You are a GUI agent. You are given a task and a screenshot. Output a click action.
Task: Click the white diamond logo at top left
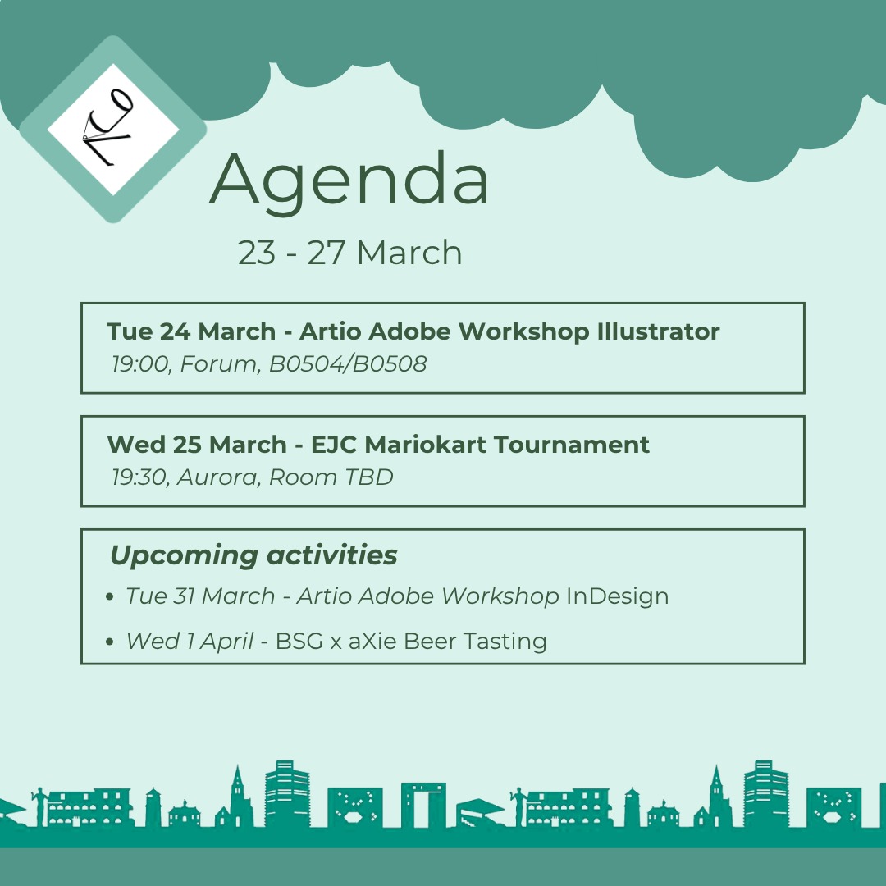coord(113,129)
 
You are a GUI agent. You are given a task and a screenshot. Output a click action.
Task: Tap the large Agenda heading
coord(349,180)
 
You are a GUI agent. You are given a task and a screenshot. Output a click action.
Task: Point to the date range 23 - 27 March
coord(349,253)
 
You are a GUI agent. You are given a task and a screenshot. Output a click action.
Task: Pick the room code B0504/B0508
coord(348,364)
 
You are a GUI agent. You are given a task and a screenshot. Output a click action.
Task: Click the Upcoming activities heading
coord(253,555)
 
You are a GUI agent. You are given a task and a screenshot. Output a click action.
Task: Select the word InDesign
coord(618,596)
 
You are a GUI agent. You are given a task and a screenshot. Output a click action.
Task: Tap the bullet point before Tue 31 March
coord(111,598)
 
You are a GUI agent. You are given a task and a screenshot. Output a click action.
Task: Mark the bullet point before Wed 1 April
coord(111,642)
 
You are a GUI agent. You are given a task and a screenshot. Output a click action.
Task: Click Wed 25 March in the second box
coord(197,445)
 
